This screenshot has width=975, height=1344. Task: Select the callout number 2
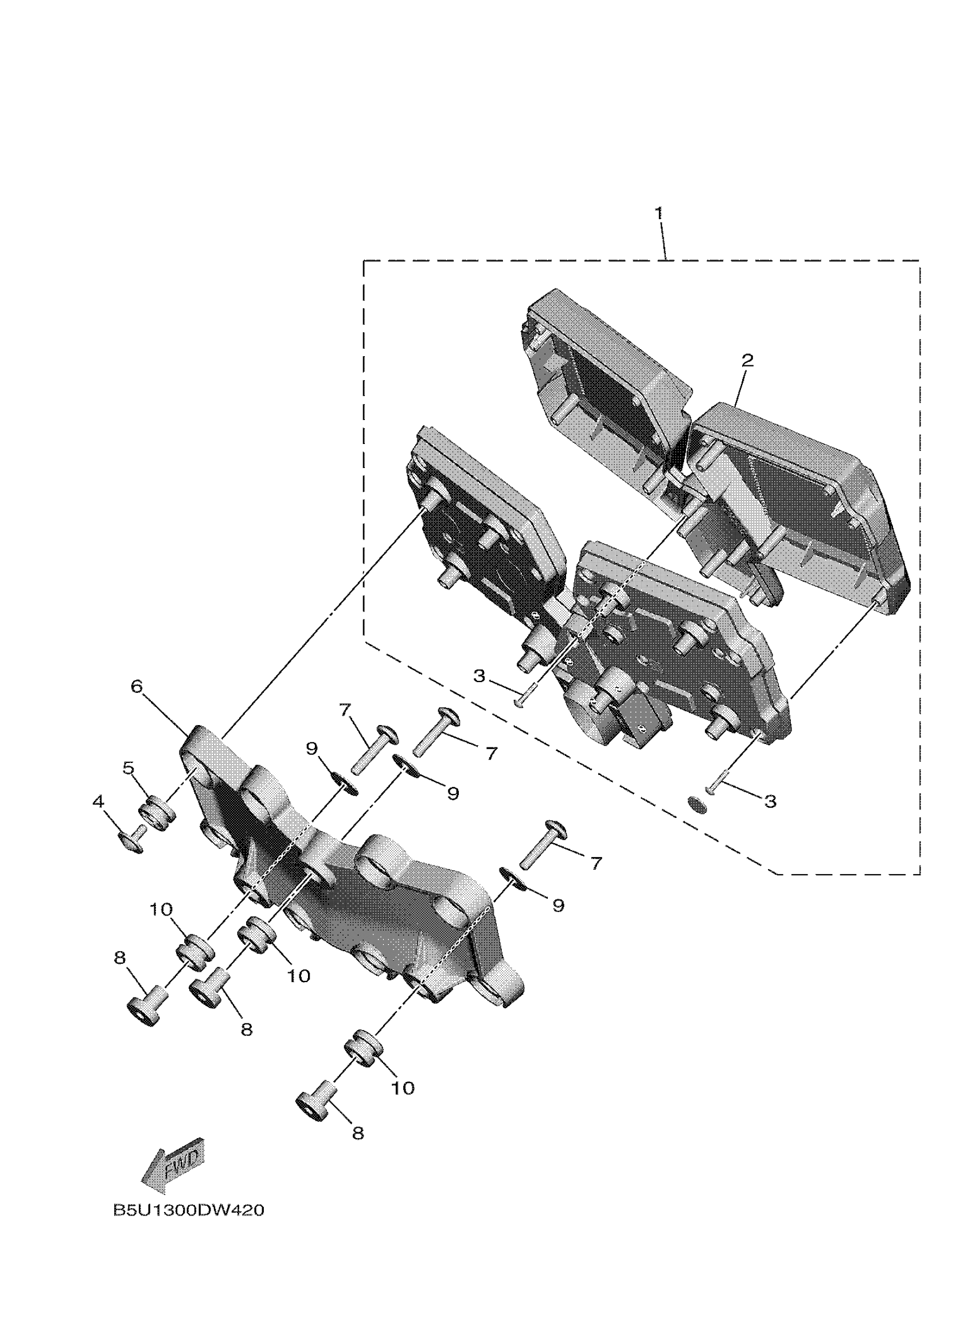(x=747, y=360)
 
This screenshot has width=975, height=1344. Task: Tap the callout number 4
(x=98, y=802)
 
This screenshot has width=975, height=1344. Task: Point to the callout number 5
(x=128, y=768)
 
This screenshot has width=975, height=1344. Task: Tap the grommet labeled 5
(x=155, y=816)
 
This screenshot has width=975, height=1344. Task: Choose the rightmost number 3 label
(x=770, y=801)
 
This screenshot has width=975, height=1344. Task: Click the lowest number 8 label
(x=357, y=1133)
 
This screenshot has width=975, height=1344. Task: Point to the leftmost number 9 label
(x=313, y=749)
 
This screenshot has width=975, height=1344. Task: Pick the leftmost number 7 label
(x=345, y=708)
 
